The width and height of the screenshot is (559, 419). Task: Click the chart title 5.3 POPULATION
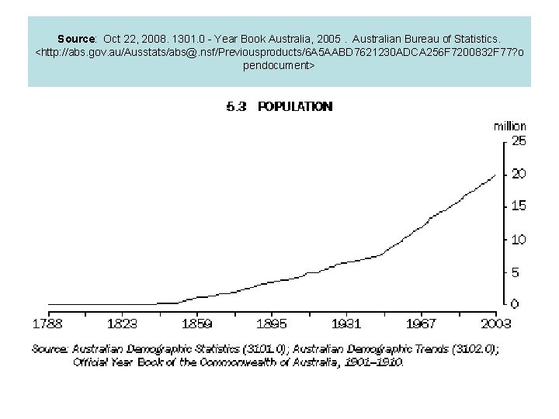279,107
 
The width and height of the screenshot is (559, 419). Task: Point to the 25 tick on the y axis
518,141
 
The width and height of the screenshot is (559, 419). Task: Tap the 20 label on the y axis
518,174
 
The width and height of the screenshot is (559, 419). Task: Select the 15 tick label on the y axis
518,206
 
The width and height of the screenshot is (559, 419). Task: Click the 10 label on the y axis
518,239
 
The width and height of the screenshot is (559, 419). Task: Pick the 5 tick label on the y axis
515,272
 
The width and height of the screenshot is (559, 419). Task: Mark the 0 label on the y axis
515,304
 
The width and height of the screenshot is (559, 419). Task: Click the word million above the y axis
509,126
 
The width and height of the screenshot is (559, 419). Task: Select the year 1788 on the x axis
47,323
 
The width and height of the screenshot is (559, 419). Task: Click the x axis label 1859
197,323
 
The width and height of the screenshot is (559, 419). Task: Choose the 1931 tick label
346,323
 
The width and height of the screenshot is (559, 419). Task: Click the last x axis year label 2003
495,323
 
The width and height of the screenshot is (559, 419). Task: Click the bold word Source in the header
76,38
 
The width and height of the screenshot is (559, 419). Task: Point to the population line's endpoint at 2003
495,174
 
